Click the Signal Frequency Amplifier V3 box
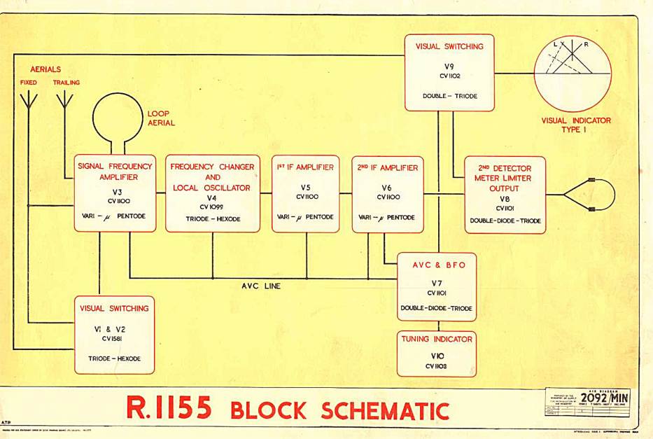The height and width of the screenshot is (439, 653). [115, 193]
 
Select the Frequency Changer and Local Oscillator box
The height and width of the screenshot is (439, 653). [212, 193]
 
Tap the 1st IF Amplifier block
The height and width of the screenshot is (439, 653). [306, 193]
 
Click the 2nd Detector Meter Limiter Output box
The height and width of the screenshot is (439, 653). [505, 195]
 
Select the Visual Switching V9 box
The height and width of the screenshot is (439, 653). [449, 72]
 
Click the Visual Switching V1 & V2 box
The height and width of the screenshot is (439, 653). [114, 335]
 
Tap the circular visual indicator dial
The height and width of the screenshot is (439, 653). [573, 74]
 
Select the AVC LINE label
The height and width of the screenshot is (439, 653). [260, 286]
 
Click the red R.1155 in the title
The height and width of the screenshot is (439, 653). [169, 408]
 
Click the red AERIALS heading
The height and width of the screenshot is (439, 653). [45, 69]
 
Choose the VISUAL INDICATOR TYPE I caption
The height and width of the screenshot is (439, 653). [576, 125]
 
